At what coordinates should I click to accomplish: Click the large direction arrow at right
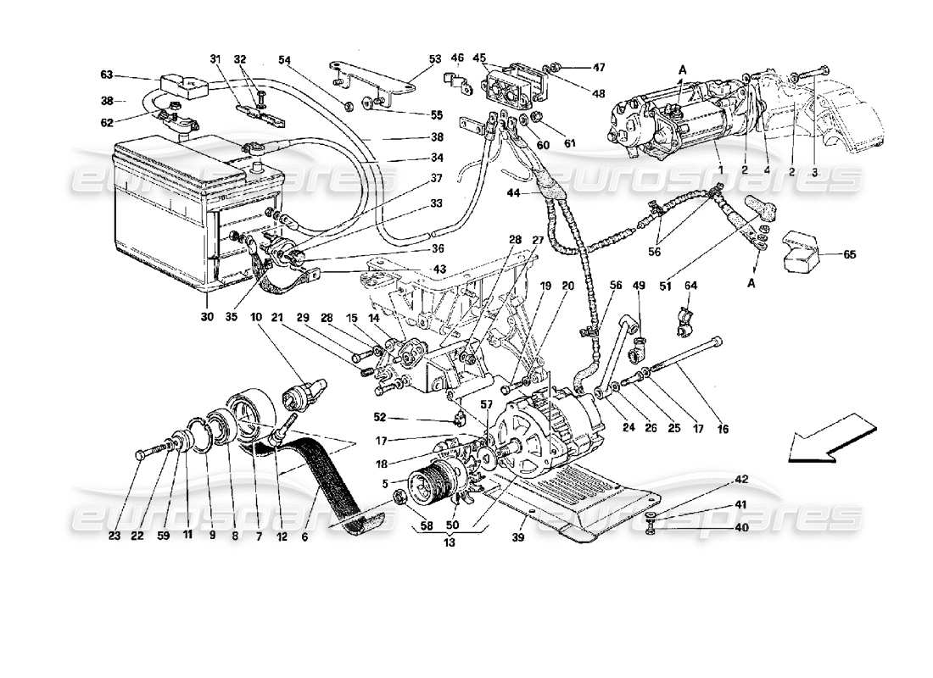823,437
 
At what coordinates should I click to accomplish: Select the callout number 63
106,75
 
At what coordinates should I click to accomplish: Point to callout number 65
850,253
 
